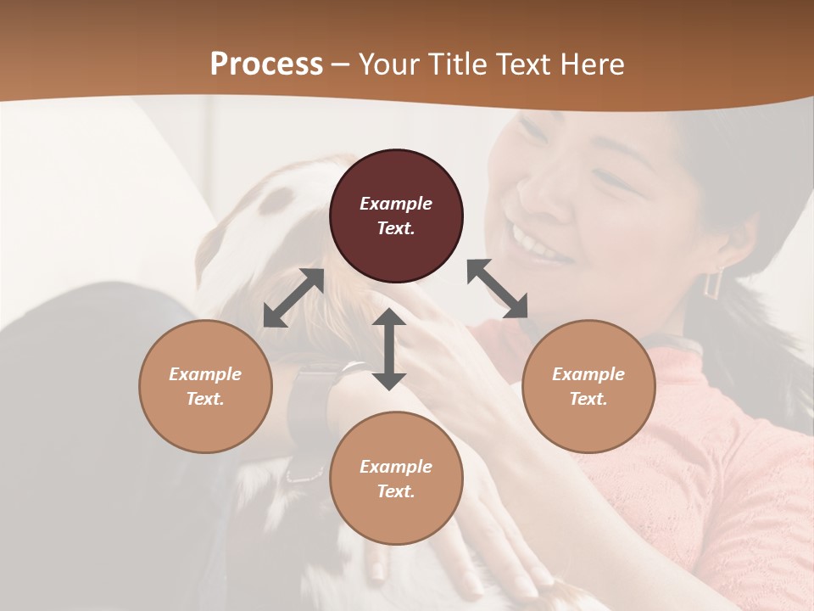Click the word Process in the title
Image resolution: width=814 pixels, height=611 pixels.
pos(266,64)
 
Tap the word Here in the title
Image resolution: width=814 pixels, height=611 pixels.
pos(590,64)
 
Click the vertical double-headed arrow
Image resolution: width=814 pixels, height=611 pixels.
pos(389,349)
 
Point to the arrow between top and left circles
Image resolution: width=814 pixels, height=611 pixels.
pos(293,298)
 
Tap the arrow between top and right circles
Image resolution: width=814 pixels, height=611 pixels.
pos(498,289)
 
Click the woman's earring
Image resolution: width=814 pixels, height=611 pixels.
pos(714,282)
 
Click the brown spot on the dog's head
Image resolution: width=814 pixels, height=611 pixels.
pos(276,201)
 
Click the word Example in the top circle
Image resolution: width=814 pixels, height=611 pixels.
pos(396,204)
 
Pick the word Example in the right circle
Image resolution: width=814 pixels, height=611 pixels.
pos(588,374)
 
